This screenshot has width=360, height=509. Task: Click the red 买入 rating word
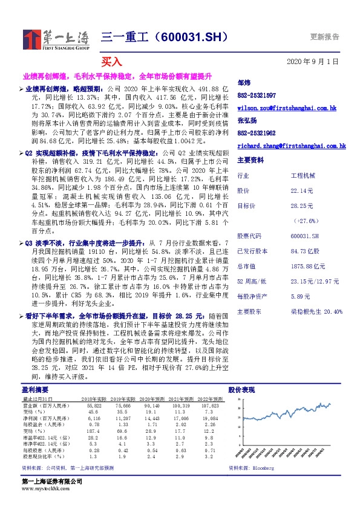[x=111, y=62]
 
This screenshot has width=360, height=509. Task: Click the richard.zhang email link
[x=291, y=146]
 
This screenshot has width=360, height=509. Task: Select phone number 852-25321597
[x=257, y=96]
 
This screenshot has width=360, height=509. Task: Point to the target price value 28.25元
[x=303, y=206]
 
